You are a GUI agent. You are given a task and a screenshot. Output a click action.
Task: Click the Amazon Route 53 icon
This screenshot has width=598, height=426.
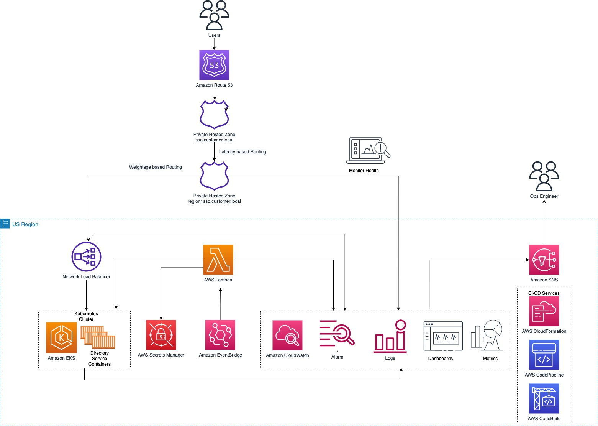coord(214,65)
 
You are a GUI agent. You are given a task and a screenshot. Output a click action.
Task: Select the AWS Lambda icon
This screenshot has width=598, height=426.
coord(218,260)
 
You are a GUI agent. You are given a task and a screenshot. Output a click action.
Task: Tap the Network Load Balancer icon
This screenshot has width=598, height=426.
coord(86,257)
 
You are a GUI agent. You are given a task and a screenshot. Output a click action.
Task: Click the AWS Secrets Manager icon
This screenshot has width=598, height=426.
coord(161,335)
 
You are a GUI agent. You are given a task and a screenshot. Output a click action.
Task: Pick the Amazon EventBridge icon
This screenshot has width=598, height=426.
coord(220,335)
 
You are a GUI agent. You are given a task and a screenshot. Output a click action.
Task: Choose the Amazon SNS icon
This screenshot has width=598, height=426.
coord(544,260)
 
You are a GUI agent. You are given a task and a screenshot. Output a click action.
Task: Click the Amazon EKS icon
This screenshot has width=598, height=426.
coord(61,337)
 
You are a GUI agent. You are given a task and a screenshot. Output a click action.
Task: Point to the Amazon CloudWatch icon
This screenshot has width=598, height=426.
coord(287,335)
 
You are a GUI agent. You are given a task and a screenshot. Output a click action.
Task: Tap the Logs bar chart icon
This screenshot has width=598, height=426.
coord(390,337)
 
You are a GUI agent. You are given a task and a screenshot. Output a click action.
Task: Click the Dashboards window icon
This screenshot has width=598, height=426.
coord(443,336)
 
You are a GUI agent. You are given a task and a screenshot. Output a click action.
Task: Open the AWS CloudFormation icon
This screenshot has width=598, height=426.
coord(544,311)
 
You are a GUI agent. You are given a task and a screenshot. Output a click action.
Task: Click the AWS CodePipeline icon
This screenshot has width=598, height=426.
coord(544,355)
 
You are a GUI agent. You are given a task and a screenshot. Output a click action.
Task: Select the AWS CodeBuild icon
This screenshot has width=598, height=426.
coord(544,399)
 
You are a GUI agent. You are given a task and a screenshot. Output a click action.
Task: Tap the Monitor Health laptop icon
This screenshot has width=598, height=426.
coord(368,151)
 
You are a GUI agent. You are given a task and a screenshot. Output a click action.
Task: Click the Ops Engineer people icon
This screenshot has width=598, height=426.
coord(544,176)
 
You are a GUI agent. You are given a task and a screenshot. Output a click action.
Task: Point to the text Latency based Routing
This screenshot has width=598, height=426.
coord(242,152)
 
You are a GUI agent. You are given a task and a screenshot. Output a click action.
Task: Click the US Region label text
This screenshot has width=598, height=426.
coord(25,224)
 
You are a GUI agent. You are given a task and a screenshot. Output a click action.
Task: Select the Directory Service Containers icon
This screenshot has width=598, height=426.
coord(98,337)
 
